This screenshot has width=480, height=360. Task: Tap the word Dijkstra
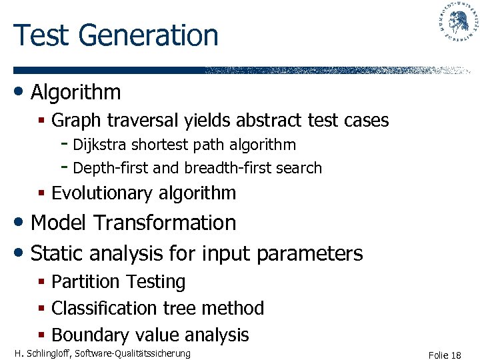tap(100, 145)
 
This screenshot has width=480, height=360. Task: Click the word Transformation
tap(165, 223)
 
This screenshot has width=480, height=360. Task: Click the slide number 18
tap(455, 355)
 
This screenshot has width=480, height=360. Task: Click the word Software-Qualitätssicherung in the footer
tap(134, 353)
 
